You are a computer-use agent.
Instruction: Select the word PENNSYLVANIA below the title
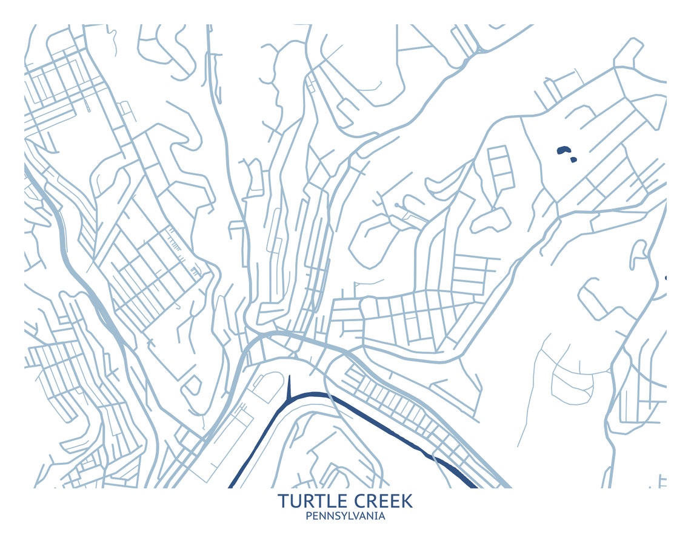coord(345,516)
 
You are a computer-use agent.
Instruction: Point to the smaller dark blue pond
coord(573,160)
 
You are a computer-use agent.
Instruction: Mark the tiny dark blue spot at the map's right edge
coord(666,278)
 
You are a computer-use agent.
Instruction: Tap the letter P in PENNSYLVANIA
coord(309,516)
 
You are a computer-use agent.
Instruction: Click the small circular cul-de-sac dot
coord(396,205)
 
